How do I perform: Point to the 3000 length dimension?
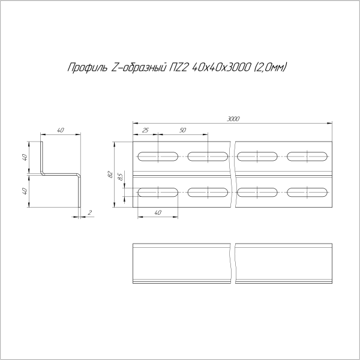tap(233, 119)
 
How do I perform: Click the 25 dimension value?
tap(145, 130)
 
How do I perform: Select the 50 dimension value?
tap(182, 130)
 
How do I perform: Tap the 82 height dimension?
tap(110, 174)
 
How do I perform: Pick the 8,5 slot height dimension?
tap(121, 178)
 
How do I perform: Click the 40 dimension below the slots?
tap(158, 212)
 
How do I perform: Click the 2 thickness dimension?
tap(89, 212)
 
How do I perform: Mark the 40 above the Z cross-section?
tap(61, 130)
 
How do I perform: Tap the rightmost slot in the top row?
tap(308, 157)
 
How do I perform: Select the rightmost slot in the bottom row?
tap(308, 193)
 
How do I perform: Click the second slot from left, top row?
tap(208, 157)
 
